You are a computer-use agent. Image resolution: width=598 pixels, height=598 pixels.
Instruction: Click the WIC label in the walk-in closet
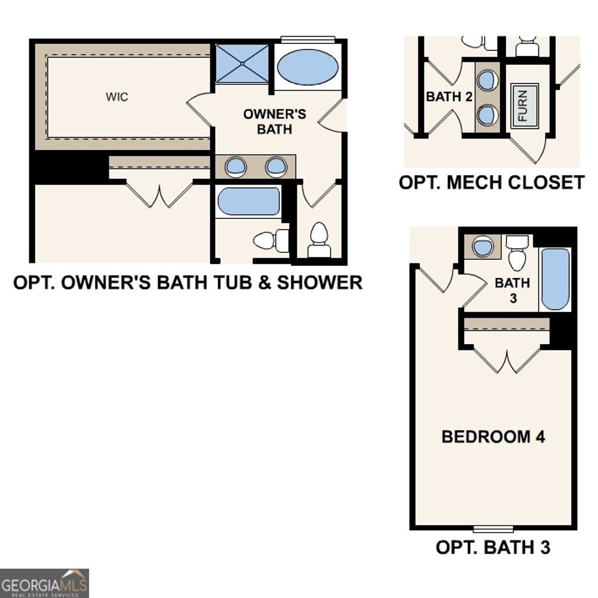tap(117, 97)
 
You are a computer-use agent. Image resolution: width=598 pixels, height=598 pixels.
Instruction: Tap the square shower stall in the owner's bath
tap(242, 62)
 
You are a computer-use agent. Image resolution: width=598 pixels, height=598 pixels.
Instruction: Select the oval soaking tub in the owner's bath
tap(307, 67)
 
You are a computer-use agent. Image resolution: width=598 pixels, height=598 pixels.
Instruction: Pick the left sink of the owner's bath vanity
tap(235, 166)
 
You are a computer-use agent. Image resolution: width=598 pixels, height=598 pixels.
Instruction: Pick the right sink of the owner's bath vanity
tap(276, 166)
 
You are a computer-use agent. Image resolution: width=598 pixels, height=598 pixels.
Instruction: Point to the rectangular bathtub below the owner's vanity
tap(249, 201)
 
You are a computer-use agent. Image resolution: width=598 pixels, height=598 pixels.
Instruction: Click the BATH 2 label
tap(449, 96)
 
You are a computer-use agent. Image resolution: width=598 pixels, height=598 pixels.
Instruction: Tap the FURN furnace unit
tap(524, 106)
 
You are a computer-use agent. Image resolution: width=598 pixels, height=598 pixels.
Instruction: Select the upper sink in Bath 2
tap(488, 80)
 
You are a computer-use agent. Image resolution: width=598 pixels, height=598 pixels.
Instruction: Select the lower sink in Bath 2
tap(488, 114)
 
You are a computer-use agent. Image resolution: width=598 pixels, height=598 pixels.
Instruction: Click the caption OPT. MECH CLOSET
tap(491, 182)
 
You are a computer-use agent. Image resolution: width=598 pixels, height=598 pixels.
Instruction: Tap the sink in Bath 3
tap(483, 246)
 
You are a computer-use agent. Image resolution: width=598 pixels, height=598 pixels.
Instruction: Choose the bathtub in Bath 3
tap(555, 279)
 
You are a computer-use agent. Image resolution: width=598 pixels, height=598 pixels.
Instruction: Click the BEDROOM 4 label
tap(493, 436)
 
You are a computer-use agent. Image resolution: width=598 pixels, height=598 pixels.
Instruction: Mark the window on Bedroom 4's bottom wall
tap(493, 529)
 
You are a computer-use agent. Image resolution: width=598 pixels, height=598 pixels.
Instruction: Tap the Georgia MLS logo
tap(44, 583)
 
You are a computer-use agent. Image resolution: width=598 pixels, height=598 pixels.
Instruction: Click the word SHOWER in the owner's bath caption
tap(319, 283)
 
